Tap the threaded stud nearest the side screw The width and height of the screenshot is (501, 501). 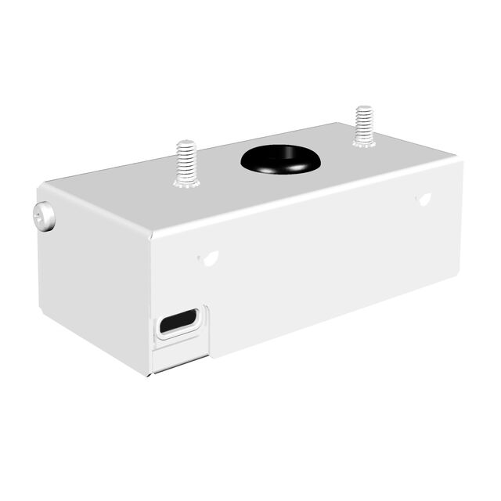click(x=186, y=163)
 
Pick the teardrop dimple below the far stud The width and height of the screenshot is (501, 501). click(x=426, y=199)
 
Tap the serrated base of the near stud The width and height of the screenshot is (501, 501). click(x=186, y=182)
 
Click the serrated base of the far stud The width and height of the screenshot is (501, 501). click(x=362, y=142)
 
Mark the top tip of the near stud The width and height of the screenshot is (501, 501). click(x=186, y=144)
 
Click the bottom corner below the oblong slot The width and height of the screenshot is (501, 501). click(x=153, y=373)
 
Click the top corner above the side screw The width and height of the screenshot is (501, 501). click(x=47, y=186)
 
